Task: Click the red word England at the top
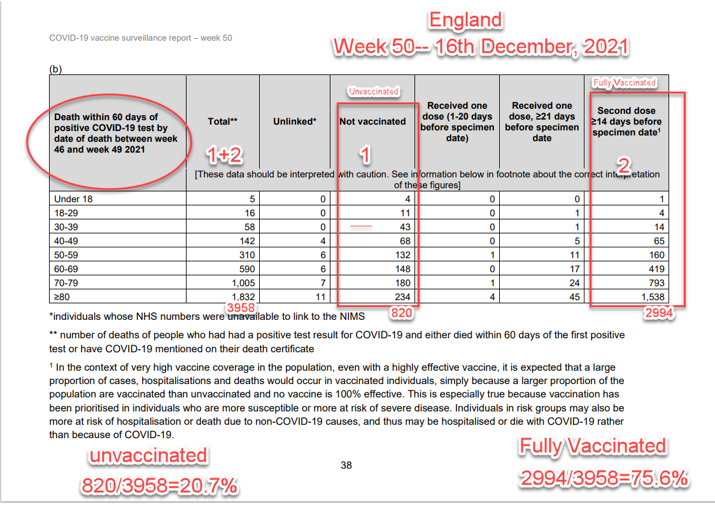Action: tap(465, 20)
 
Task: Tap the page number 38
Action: tap(346, 465)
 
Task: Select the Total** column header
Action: tap(222, 121)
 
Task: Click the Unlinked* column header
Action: tap(295, 121)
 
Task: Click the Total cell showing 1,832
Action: tap(242, 296)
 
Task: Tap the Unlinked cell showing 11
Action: tap(320, 296)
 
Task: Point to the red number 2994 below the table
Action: tap(658, 314)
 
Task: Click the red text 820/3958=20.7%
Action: tap(159, 486)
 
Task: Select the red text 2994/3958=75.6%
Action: tap(604, 477)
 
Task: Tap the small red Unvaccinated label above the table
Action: tap(374, 92)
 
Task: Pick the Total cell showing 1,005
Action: tap(242, 282)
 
